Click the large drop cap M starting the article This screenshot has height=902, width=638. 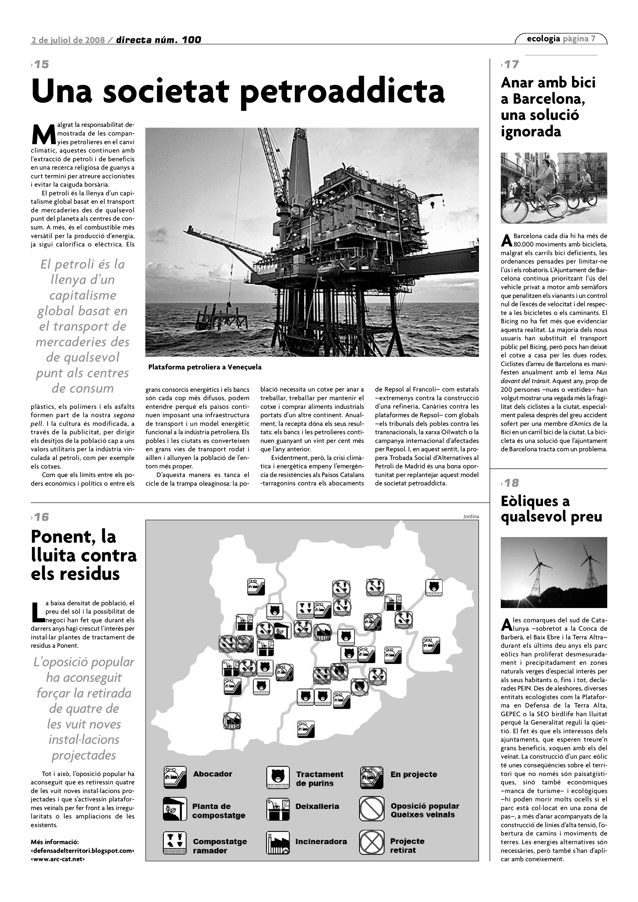[x=41, y=134]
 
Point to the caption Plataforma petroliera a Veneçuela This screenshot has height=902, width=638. [x=205, y=367]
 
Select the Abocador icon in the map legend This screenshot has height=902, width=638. [x=175, y=777]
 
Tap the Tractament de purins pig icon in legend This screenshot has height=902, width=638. [x=278, y=777]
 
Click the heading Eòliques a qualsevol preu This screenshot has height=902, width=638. [x=551, y=509]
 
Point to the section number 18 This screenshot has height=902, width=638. [x=511, y=483]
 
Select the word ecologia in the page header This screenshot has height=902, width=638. [x=543, y=39]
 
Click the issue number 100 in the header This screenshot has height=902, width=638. [x=191, y=40]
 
